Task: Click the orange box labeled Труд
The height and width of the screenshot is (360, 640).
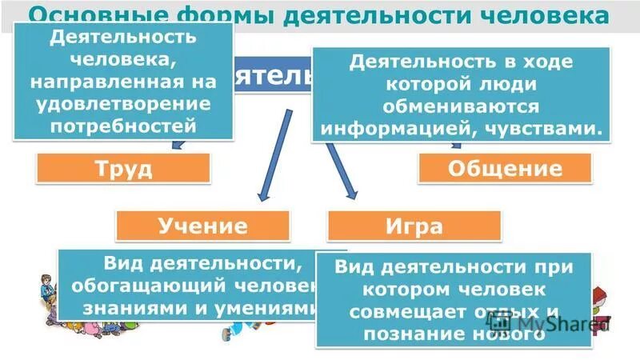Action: tap(123, 169)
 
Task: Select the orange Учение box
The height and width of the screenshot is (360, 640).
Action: tap(202, 226)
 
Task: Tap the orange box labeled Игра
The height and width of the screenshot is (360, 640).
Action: tap(414, 226)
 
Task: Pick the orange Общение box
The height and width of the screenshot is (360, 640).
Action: tap(505, 169)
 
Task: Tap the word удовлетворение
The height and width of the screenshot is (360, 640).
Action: tap(124, 105)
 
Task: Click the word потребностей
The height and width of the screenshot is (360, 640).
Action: tap(124, 126)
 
